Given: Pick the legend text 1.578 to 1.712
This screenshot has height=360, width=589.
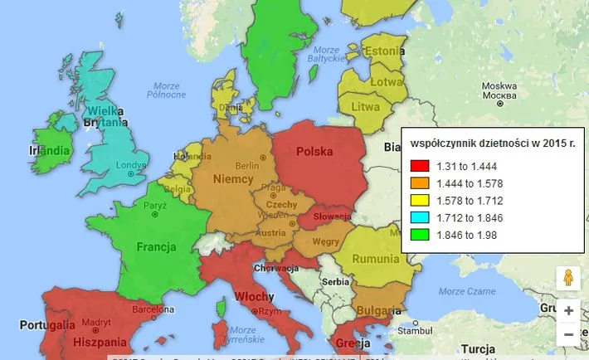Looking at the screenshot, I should pos(470,201).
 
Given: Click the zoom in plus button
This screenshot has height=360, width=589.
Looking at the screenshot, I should pos(568,310).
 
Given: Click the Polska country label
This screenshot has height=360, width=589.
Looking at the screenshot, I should pos(314,152).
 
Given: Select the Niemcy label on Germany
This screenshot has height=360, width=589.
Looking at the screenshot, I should pos(232,180).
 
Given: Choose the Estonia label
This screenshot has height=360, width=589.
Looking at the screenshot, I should pos(382,51).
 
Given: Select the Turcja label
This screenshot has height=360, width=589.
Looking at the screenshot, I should pos(477,348).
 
